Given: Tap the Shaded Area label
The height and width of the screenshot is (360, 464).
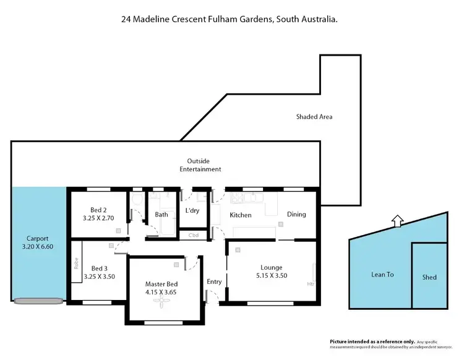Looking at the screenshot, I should tap(315, 116).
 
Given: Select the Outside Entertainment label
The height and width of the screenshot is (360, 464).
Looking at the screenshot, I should tap(200, 165).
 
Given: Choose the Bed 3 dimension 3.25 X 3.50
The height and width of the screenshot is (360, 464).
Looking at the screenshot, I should tap(99, 276).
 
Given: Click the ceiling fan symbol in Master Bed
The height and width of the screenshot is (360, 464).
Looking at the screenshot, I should tap(163, 302).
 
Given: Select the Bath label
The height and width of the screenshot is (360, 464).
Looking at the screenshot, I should tap(161, 215).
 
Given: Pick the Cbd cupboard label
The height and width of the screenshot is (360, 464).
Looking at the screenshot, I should tap(193, 235).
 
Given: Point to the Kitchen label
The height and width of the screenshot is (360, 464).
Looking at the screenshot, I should tap(241, 215).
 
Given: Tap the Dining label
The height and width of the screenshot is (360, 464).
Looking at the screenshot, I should tap(296, 215).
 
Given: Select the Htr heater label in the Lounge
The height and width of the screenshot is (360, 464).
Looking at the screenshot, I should tap(311, 284).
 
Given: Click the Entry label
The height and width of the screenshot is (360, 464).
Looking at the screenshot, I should tap(214, 281).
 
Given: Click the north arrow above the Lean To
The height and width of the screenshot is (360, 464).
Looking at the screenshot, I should tap(397, 219).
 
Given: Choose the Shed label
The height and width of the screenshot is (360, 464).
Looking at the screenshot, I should tap(429, 277).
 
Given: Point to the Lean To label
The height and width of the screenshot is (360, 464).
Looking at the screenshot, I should tap(382, 274).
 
